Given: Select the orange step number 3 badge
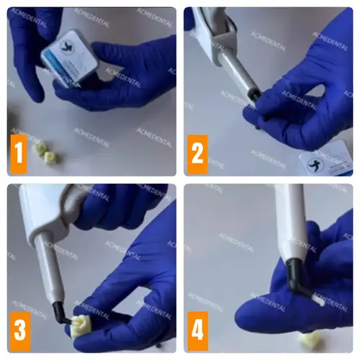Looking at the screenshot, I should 19,330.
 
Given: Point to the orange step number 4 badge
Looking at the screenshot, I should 197,330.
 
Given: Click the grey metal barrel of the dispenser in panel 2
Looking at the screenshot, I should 235,76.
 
